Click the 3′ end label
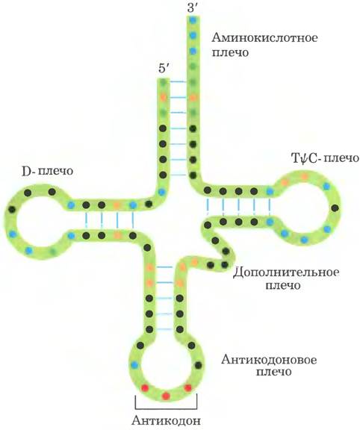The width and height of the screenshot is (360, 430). [193, 7]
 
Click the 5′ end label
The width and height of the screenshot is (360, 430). [164, 68]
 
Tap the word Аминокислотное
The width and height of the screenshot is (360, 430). [264, 37]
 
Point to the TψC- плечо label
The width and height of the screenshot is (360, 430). [325, 158]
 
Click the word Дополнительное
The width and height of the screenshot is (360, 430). [286, 272]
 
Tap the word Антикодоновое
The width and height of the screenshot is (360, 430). [269, 359]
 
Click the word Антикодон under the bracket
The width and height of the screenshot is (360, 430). [167, 420]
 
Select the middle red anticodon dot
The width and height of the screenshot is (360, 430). [166, 396]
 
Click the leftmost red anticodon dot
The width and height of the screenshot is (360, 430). [145, 387]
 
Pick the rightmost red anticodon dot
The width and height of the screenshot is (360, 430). [188, 387]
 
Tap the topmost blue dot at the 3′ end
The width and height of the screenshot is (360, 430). [193, 20]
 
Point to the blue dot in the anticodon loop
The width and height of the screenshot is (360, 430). [134, 365]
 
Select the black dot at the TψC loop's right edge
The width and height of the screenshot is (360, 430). [335, 208]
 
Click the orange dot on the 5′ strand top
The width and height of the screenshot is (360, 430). [164, 97]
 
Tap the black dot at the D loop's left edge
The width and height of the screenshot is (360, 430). [12, 210]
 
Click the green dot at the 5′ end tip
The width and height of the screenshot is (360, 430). [164, 82]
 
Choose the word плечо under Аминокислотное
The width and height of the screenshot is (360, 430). [230, 53]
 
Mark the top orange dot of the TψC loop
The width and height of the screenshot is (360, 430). [304, 177]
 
